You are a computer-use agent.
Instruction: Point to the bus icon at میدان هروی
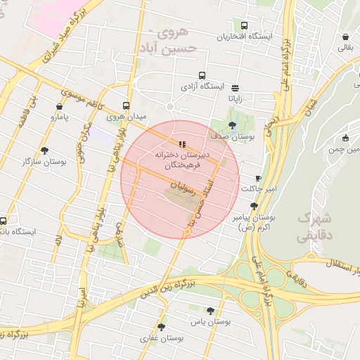pos(127,101)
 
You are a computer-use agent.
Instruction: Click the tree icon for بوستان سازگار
pos(44,150)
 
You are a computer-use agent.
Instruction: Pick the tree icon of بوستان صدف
pos(233,125)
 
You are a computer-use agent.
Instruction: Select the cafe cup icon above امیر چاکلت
pos(258,179)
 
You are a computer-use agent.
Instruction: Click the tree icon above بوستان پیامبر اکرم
pos(254,206)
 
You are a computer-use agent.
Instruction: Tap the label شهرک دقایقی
pos(314,227)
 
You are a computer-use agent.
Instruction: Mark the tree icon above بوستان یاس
pos(210,309)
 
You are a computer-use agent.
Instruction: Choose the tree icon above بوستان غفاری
pos(162,327)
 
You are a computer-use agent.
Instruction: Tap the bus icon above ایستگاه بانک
pos(4,220)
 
